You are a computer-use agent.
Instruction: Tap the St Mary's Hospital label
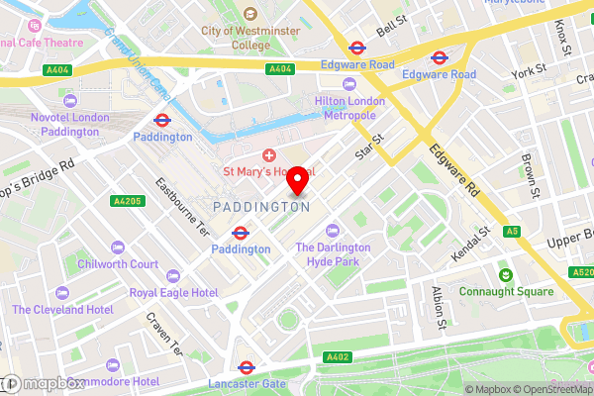point(268,171)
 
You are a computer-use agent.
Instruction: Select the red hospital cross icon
point(268,154)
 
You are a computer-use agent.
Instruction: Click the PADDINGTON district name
point(261,207)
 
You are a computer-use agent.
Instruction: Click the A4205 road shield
point(127,202)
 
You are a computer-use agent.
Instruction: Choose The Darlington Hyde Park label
point(333,254)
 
